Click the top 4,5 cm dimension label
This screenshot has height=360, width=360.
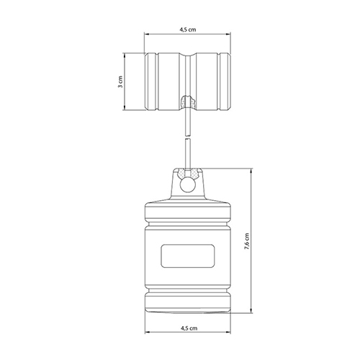click(x=188, y=30)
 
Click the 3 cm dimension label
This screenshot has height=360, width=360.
click(x=120, y=82)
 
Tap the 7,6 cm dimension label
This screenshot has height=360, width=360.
click(x=247, y=241)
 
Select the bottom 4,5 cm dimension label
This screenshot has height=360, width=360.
click(x=189, y=328)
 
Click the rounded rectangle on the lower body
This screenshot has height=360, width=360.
click(x=188, y=256)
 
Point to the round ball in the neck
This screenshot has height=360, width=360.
click(x=188, y=184)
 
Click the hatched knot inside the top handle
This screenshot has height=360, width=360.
click(x=188, y=102)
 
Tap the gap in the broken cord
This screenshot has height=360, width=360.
click(x=188, y=137)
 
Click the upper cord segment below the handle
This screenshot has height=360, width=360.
click(x=188, y=122)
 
